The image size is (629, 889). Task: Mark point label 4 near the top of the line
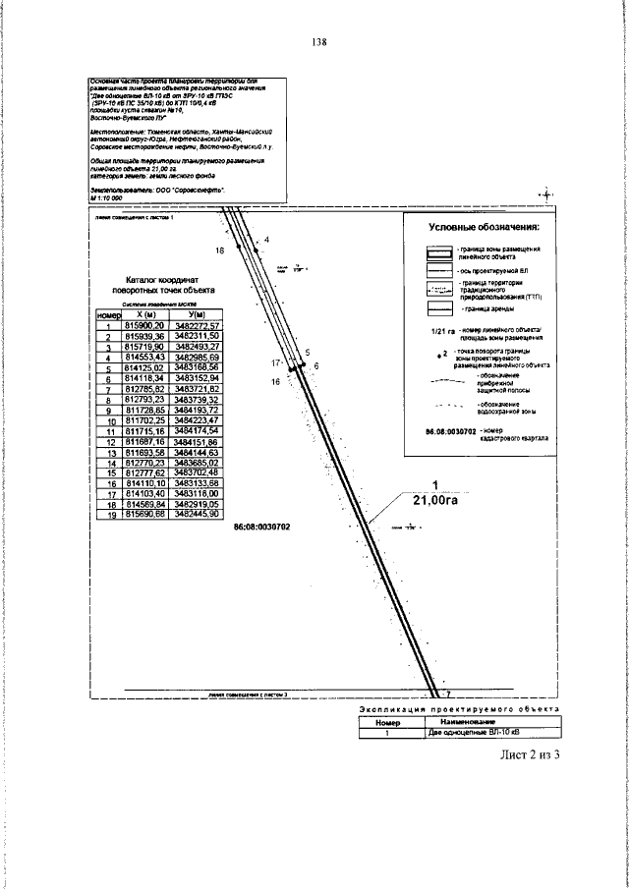tap(267, 240)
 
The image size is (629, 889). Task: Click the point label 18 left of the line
tap(219, 251)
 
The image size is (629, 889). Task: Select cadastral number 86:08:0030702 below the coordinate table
tap(261, 527)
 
